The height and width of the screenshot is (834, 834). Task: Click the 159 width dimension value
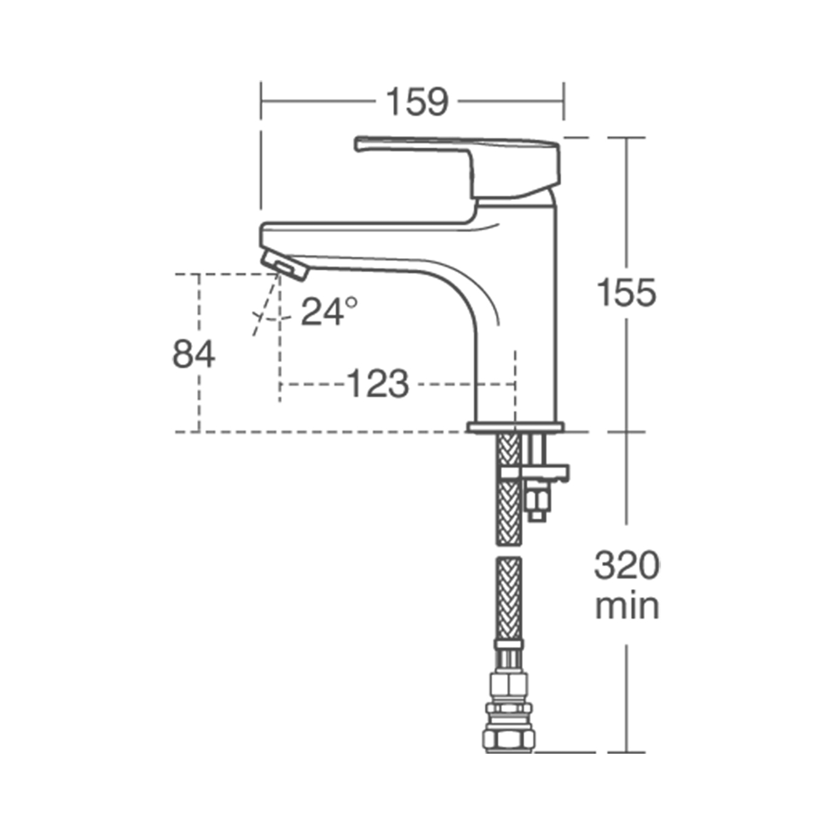pos(417,102)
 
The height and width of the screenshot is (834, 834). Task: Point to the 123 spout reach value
pos(377,383)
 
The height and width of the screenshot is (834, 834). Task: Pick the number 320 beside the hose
pos(627,566)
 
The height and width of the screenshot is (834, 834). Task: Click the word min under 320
pos(627,606)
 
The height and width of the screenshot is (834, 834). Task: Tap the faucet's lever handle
pos(457,147)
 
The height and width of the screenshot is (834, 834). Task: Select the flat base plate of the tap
pos(515,427)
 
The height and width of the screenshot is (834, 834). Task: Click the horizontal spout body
pos(367,242)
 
